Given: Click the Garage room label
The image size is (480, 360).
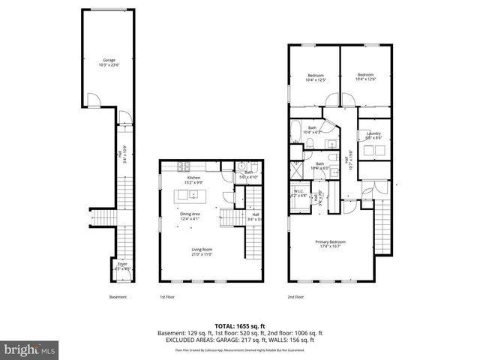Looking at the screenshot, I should tap(109, 61).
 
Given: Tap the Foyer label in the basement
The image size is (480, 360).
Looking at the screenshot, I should tap(122, 263).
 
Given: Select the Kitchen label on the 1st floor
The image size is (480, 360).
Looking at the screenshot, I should tap(193, 178).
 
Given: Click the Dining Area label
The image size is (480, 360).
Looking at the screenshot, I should tap(190, 214).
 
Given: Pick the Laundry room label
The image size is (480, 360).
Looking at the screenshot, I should tap(373, 133).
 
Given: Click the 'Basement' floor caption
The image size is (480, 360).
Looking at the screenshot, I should tap(118, 297).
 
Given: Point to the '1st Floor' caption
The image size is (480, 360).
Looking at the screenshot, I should tap(166, 297).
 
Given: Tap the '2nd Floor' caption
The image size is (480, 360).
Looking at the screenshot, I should tap(296, 297).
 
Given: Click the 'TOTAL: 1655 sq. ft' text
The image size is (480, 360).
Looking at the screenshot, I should tap(239, 325).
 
